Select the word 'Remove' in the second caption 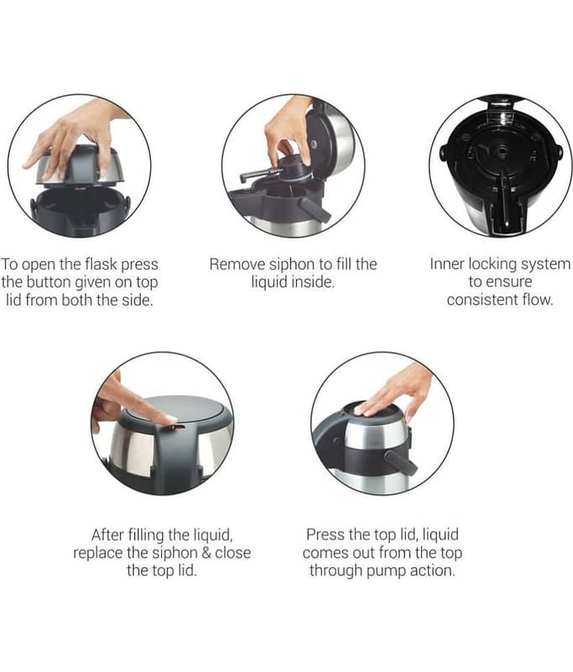pos(237,264)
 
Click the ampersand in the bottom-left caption pos(206,553)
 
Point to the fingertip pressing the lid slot pos(170,420)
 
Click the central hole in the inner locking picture pos(500,150)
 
